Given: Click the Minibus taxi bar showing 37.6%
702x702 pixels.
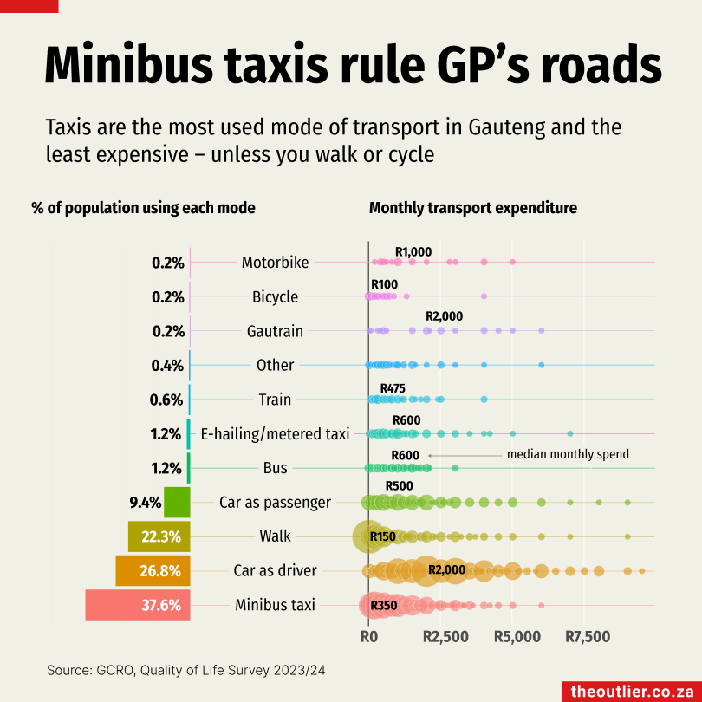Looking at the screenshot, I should pos(137,605).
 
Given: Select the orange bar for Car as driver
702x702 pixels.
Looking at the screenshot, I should pos(153,570).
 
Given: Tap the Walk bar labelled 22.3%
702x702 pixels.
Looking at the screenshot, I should pos(159,536).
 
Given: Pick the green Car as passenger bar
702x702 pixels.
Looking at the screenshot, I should pos(177,502).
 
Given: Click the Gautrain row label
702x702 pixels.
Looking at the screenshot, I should pos(275,331).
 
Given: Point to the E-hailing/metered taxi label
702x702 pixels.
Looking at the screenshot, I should pos(275,433).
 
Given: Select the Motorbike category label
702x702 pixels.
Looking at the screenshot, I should pos(275,263).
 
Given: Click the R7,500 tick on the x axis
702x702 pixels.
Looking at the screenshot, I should pos(588,637).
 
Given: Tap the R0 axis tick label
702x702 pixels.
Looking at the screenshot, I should pos(368,637).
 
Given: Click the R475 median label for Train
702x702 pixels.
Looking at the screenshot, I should pos(393,388).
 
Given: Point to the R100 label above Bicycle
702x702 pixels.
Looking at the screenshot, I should pos(384,284).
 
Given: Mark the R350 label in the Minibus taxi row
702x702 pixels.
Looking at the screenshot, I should pos(383,605).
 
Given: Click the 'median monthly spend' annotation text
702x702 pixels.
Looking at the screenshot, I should pos(568,454).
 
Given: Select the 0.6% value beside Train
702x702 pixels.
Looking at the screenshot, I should pos(167,400).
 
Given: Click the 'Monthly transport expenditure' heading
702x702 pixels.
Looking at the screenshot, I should pos(473,208).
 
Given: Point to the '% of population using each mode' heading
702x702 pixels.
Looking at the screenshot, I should pos(143,208).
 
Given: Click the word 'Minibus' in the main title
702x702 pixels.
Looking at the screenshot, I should pos(129,65).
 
